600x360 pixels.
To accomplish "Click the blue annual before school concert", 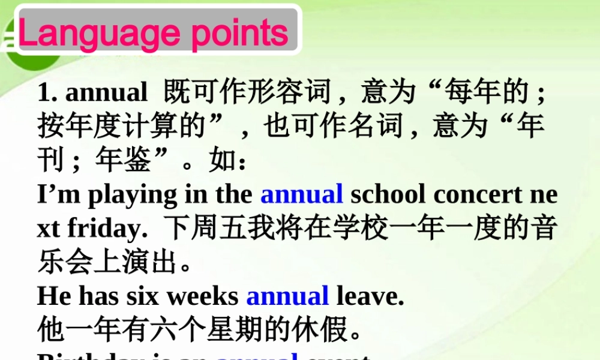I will point(301,195).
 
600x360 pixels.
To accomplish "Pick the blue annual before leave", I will point(287,296).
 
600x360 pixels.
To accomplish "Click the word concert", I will point(478,196).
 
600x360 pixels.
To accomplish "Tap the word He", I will point(54,296).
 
